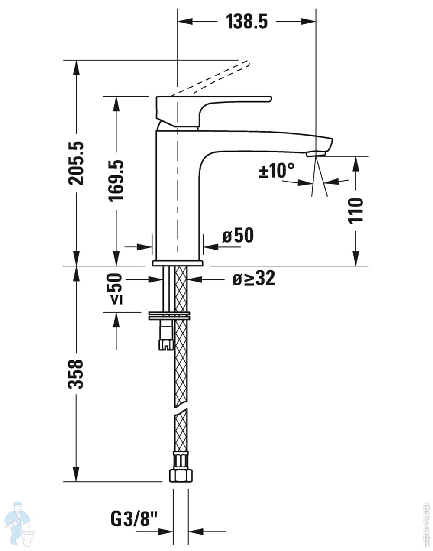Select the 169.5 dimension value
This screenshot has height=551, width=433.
(x=116, y=180)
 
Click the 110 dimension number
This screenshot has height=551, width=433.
(x=356, y=210)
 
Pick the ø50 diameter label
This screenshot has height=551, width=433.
(x=238, y=236)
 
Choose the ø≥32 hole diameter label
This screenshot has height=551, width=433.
(x=254, y=279)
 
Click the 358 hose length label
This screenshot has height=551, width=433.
(x=77, y=373)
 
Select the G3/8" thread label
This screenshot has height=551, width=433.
(x=135, y=518)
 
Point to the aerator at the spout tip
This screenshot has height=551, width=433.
(x=316, y=154)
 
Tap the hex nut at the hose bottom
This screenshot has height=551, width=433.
(x=180, y=475)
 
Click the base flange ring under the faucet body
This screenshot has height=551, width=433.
(x=178, y=263)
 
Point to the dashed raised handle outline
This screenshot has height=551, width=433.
(x=212, y=78)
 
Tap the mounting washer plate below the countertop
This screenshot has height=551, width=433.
(x=169, y=316)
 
